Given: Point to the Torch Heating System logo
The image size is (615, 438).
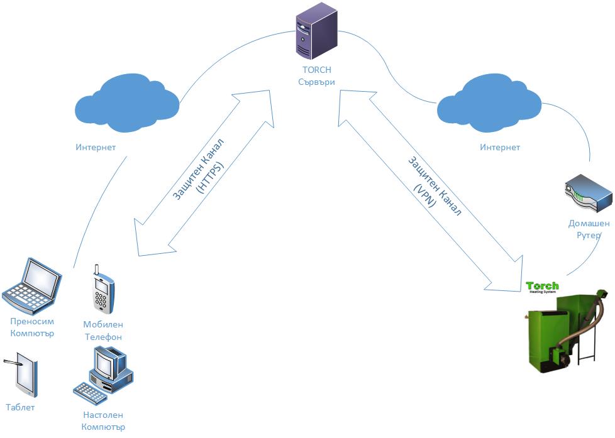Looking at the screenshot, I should tap(542, 287).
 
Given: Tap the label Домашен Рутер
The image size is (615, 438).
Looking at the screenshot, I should tap(589, 229).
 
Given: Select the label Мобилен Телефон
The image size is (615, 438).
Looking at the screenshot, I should tap(103, 331).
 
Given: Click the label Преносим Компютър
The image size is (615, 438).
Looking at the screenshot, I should tap(32, 327).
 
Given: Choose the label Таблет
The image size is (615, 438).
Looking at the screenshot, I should tap(20, 407).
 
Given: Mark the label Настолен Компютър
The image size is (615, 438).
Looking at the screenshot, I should tap(103, 421).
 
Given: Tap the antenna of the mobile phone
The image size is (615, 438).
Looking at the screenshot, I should tap(97, 271).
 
